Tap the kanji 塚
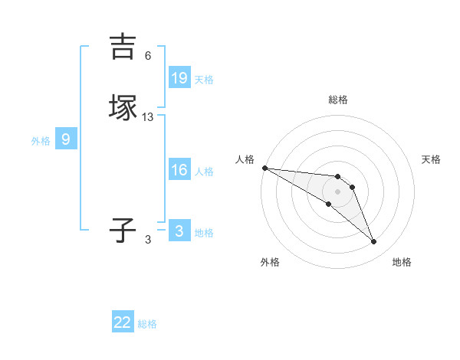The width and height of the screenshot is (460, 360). coord(123,108)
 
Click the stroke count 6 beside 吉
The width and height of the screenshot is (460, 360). coord(148,56)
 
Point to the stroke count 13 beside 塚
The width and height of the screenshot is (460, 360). coord(148,117)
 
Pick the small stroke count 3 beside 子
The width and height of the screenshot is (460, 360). coord(148,240)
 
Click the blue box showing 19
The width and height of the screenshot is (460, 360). coord(179,77)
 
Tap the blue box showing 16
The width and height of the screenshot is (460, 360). coord(179,170)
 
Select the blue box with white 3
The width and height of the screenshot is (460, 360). coord(179,231)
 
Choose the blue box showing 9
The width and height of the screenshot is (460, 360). coord(66,139)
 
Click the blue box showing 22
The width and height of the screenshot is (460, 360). coord(123,322)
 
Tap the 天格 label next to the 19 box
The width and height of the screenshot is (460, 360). coord(204,79)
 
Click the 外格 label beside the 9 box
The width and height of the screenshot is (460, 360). coord(41,141)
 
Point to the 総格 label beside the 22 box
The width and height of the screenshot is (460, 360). coord(147,324)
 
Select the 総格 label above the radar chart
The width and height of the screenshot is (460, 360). coord(338,100)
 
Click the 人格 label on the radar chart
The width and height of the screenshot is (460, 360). coord(245,159)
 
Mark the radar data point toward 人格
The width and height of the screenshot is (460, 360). coord(264,168)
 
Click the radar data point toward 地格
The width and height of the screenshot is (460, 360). coord(373,242)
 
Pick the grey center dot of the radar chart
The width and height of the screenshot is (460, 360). coord(338,191)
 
